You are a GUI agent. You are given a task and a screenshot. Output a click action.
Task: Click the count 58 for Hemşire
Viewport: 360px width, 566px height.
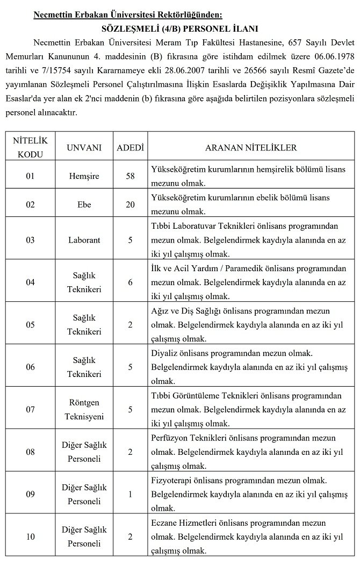point(130,176)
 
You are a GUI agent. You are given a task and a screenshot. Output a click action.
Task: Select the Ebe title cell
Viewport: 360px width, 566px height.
point(84,205)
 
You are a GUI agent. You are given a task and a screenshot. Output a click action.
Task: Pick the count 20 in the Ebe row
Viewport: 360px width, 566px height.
point(130,205)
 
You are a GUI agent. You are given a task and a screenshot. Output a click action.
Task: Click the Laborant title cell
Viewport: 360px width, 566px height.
point(84,240)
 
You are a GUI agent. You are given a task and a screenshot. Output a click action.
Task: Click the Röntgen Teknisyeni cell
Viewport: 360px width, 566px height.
point(84,409)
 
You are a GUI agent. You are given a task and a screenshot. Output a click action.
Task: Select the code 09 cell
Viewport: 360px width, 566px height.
point(31,494)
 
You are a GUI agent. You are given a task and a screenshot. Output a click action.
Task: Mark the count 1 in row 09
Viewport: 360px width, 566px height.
point(130,494)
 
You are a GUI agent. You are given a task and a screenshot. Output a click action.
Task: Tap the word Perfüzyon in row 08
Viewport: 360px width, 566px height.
point(171,438)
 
